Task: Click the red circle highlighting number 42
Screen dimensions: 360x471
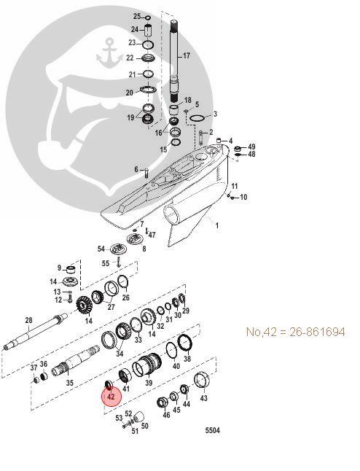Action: [x=111, y=397]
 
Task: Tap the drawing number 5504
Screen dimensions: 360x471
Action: [x=213, y=430]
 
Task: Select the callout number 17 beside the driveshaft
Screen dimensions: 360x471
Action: [x=187, y=55]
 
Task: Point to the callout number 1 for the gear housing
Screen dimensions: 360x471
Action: [x=217, y=225]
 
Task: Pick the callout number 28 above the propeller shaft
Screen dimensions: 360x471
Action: [x=28, y=321]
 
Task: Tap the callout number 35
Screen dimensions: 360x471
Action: [x=70, y=383]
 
